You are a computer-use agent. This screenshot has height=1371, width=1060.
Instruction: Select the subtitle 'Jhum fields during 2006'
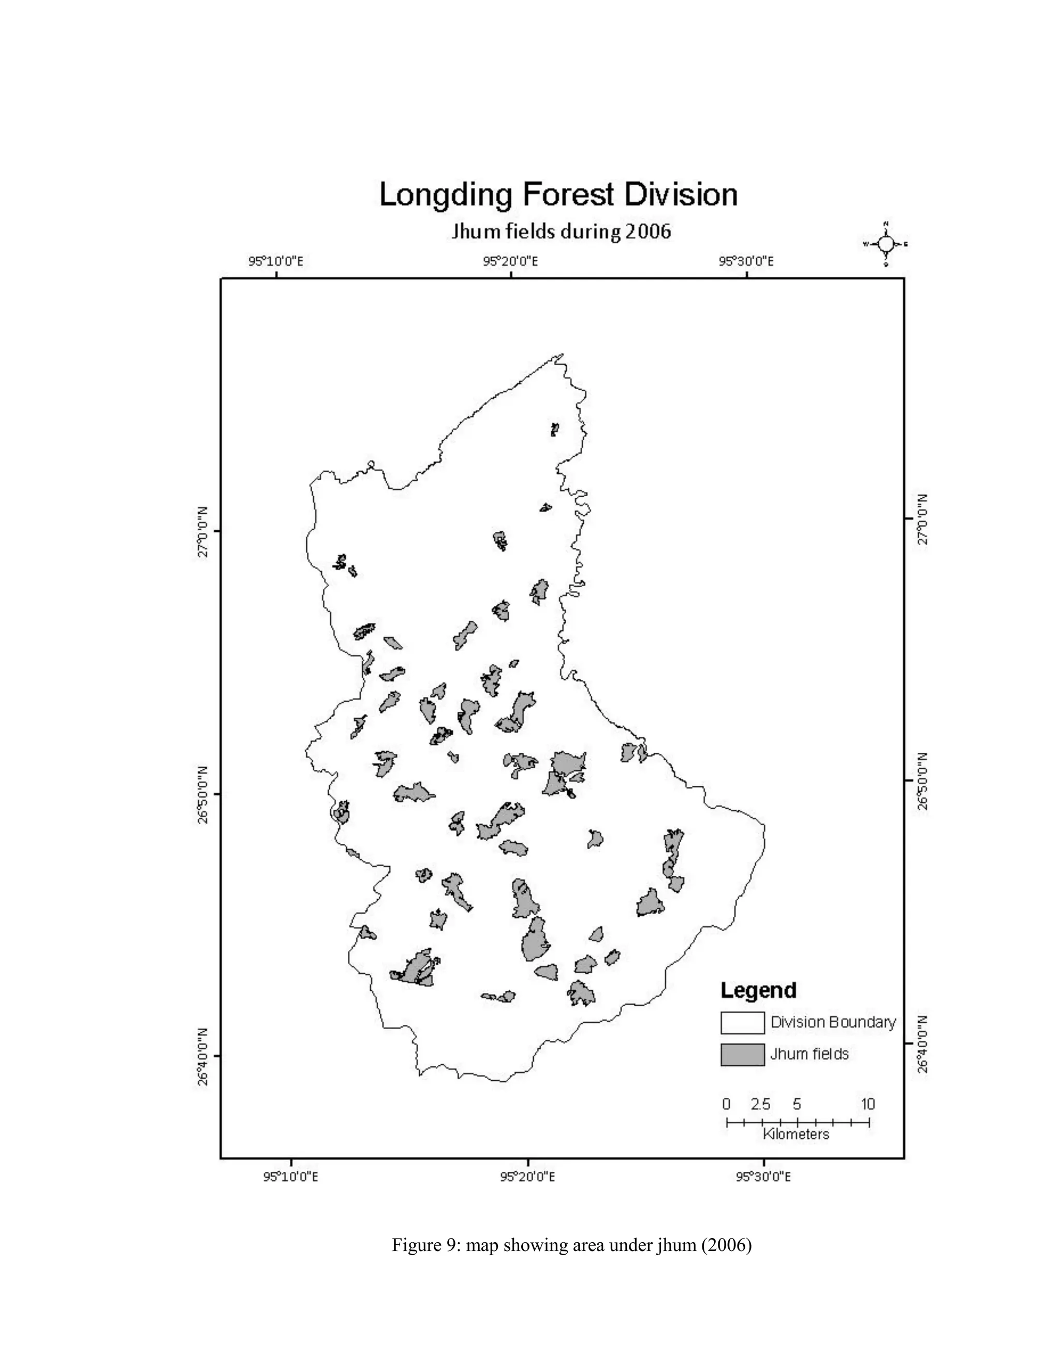[561, 232]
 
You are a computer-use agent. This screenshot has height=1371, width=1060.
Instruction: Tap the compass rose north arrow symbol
[886, 244]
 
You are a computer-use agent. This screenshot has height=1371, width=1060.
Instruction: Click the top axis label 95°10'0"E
[276, 261]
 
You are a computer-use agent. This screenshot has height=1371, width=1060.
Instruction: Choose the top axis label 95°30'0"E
[746, 261]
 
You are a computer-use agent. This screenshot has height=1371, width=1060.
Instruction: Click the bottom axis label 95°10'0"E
[291, 1176]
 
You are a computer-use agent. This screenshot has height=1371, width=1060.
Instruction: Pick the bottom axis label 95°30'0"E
[763, 1176]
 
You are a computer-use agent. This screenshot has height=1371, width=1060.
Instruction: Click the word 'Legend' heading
[758, 991]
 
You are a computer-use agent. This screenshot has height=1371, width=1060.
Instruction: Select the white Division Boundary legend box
[742, 1023]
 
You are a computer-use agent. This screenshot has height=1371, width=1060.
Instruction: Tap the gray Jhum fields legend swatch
[742, 1054]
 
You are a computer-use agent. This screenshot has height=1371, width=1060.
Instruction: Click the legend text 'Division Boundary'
[833, 1022]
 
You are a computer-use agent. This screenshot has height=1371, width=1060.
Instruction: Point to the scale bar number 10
[868, 1104]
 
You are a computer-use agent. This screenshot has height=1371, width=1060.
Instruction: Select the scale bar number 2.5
[760, 1104]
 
